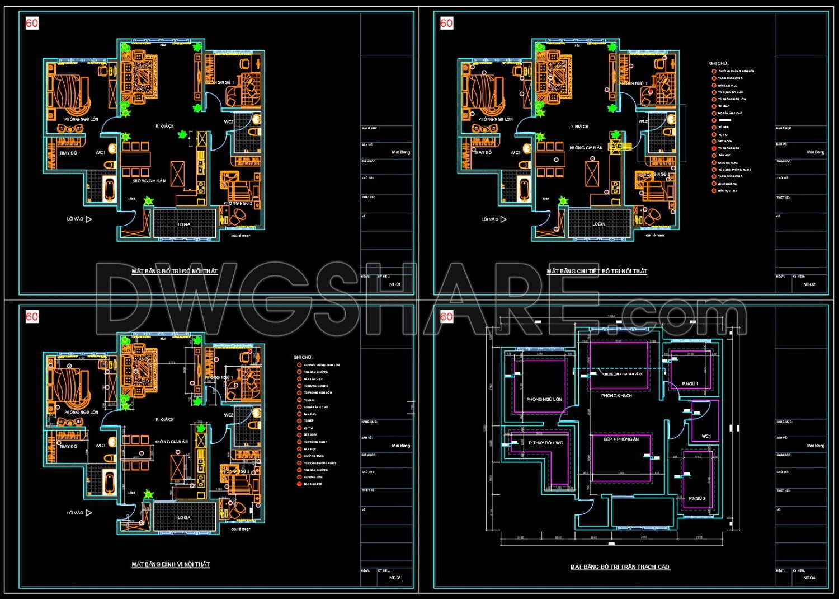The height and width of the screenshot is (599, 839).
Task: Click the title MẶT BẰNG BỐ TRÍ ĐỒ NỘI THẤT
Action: [x=175, y=272]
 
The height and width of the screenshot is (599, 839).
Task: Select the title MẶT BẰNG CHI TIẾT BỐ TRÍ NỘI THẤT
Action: [x=597, y=272]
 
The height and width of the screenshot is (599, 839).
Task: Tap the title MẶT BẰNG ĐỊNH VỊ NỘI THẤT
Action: [x=171, y=564]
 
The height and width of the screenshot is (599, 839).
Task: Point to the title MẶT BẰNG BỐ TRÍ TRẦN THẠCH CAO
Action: [x=620, y=567]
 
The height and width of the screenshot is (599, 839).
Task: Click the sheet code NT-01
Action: [x=394, y=284]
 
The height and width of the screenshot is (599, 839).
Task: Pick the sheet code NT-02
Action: [x=809, y=284]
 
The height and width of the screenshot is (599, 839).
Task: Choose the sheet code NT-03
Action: [x=394, y=578]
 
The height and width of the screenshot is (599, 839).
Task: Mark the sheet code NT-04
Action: [x=809, y=578]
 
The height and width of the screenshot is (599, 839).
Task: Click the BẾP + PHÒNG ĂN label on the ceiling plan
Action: [x=621, y=439]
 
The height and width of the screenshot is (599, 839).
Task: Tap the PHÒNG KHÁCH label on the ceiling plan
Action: [x=616, y=396]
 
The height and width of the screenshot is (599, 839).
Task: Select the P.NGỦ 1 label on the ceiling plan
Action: [x=690, y=384]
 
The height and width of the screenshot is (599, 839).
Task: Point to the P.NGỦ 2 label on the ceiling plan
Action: [x=697, y=498]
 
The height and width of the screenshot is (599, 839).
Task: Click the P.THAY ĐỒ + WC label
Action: [x=546, y=443]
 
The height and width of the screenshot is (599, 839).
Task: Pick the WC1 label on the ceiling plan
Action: [x=706, y=436]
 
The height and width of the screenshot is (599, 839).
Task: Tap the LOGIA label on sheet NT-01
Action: [x=184, y=224]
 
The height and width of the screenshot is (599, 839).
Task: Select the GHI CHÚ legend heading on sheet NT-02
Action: [x=719, y=64]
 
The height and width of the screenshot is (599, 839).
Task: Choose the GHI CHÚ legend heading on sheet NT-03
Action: [x=303, y=357]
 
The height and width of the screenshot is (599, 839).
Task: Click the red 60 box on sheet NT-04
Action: [x=446, y=317]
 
